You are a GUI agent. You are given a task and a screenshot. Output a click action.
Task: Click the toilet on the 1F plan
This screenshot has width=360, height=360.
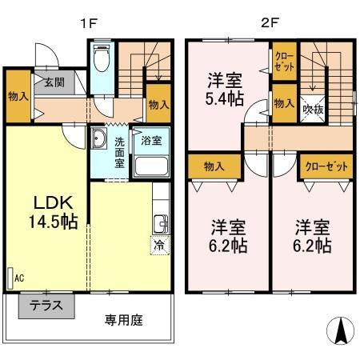pos(102,58)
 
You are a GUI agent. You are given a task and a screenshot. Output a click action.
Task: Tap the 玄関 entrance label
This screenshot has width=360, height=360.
pos(54,82)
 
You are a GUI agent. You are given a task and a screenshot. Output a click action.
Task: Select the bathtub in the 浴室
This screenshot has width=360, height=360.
pos(151,166)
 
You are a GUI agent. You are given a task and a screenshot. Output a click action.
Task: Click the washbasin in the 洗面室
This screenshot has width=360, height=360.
pos(98,138)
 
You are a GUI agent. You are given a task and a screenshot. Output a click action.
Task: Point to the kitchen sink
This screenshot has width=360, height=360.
pos(161,223)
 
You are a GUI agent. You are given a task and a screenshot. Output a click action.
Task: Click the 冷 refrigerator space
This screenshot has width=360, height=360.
pos(160,246)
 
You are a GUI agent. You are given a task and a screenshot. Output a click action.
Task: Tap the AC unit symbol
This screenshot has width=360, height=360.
pos(10,278)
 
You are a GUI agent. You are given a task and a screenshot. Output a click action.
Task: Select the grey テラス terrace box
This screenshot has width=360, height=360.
pos(46,306)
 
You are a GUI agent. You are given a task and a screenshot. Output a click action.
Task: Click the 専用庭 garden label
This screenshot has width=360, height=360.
pos(123,320)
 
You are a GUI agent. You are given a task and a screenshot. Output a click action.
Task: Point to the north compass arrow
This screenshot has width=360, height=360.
pos(341,330)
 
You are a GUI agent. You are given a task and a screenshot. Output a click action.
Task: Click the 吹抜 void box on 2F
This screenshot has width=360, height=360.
pos(313,109)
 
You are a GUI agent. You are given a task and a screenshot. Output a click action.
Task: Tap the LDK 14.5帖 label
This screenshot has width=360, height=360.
pos(53,212)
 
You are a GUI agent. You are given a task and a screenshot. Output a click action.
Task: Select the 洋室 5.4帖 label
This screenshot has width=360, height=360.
pos(225,90)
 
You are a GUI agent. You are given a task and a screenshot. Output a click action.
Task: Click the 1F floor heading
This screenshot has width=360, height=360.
pos(88,23)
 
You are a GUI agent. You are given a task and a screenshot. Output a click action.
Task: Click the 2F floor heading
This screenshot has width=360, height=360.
pos(270,23)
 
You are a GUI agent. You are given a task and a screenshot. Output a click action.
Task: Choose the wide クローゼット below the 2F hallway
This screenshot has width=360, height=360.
pos(326,166)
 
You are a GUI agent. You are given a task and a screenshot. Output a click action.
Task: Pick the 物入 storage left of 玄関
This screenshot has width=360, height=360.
pos(18,96)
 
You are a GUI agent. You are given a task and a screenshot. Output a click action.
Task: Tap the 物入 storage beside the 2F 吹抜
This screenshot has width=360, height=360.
pos(285,103)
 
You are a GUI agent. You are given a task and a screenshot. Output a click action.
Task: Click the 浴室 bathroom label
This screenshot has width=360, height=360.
pos(151,141)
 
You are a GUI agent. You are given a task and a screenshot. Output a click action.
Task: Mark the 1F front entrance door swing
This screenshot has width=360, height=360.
pos(47,55)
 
